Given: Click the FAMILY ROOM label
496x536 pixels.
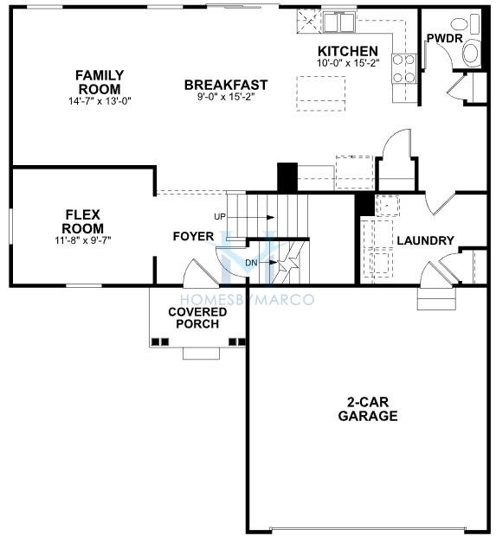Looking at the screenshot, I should pyautogui.click(x=100, y=82).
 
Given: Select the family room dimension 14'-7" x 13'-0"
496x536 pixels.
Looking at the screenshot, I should pyautogui.click(x=100, y=101).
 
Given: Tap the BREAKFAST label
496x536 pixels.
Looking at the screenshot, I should pyautogui.click(x=225, y=85).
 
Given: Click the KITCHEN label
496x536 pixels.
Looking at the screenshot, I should pyautogui.click(x=347, y=51).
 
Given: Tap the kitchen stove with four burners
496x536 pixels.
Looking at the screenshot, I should pyautogui.click(x=403, y=68).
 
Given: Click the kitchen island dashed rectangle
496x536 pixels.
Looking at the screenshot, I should pyautogui.click(x=322, y=88).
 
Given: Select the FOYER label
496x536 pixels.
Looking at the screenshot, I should pyautogui.click(x=193, y=236).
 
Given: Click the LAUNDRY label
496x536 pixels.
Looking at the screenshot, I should pyautogui.click(x=425, y=240).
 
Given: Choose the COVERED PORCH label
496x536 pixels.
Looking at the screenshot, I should pyautogui.click(x=192, y=317).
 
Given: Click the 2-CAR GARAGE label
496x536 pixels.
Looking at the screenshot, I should pyautogui.click(x=368, y=409).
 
